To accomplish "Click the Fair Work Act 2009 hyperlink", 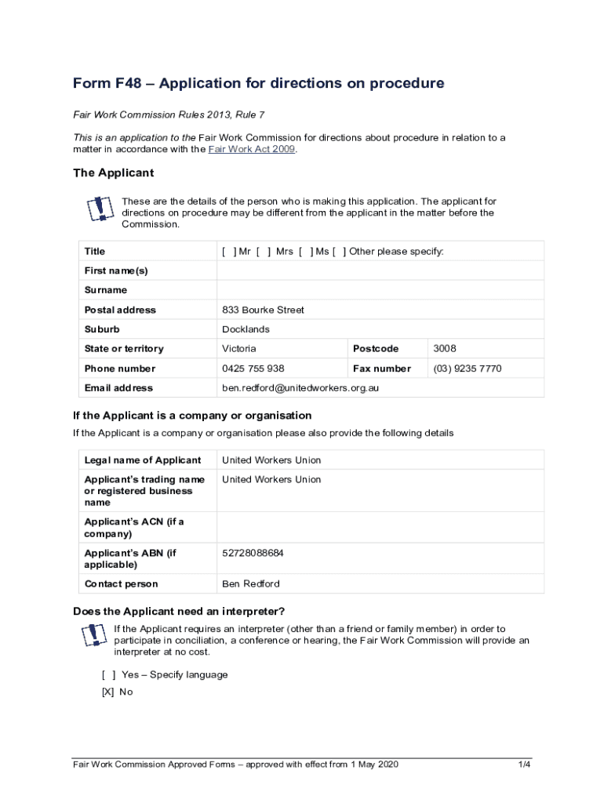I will (x=251, y=149).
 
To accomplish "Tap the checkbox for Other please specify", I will (x=339, y=252).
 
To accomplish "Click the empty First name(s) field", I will (x=380, y=271).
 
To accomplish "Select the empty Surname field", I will (x=380, y=290).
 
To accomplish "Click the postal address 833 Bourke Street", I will (x=263, y=310).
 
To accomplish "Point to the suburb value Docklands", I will (x=246, y=329).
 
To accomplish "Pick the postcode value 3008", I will (x=444, y=349).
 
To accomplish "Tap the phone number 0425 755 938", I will (x=253, y=369).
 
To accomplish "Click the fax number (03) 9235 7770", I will (x=467, y=369).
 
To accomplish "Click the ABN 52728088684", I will (x=253, y=553).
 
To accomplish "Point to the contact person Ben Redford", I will (x=250, y=584).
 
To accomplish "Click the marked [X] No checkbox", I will (x=108, y=692).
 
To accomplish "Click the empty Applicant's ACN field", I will (x=380, y=527).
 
